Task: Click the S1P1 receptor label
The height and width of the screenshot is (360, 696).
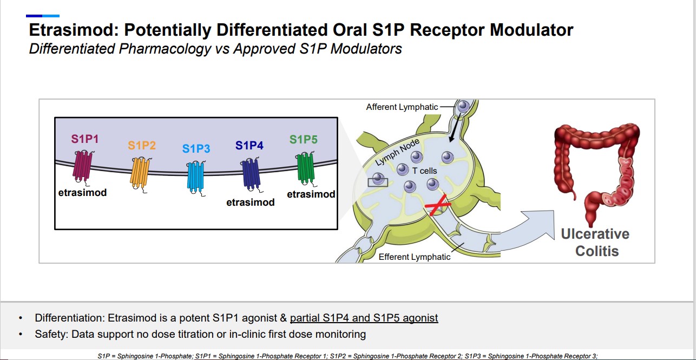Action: click(85, 139)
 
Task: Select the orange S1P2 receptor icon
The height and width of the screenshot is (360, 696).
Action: click(141, 172)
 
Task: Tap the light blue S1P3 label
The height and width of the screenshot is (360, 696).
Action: click(196, 148)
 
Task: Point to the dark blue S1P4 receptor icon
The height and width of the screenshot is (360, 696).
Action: click(251, 173)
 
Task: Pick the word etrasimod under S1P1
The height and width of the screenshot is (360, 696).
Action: click(83, 192)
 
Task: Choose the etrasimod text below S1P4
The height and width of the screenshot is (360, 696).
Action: click(250, 202)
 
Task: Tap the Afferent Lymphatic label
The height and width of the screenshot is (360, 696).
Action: click(402, 107)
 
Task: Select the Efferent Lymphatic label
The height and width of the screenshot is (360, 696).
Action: click(414, 257)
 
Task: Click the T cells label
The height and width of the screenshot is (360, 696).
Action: click(424, 171)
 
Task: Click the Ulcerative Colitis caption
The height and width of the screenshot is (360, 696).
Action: click(595, 243)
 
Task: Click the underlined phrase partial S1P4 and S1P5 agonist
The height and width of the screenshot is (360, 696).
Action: click(364, 318)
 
